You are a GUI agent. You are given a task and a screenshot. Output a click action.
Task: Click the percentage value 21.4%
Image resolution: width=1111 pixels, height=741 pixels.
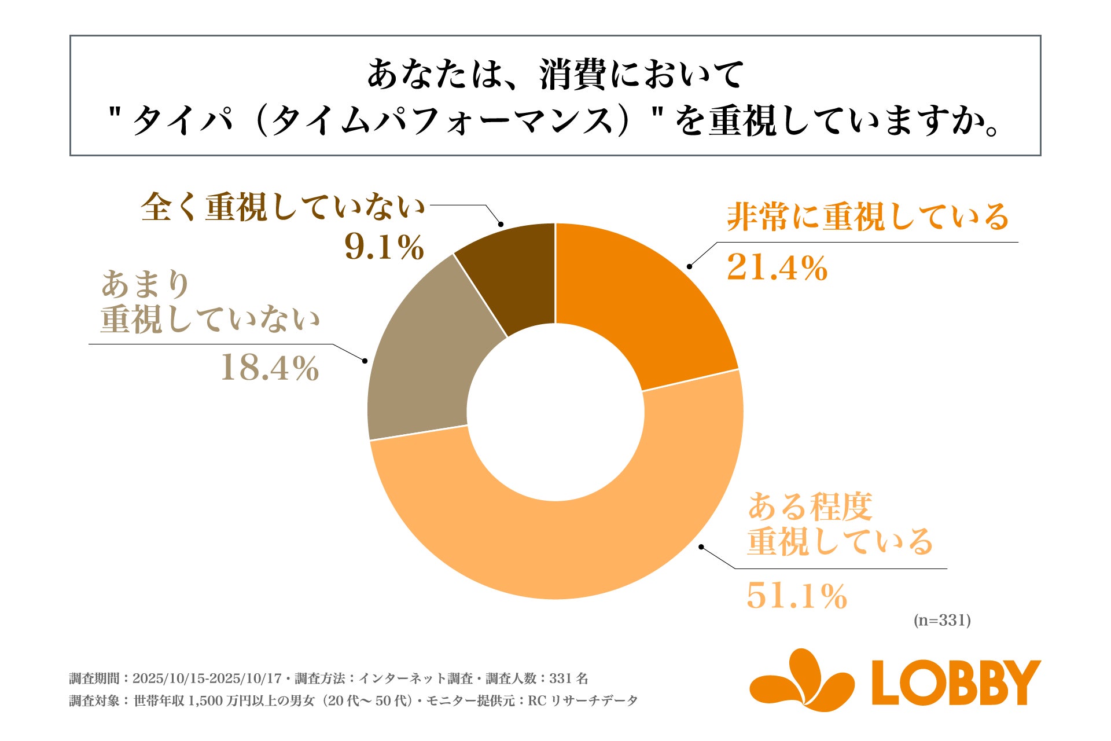[x=777, y=268]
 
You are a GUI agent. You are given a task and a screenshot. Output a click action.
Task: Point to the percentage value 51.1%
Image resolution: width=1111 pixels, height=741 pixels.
[x=797, y=596]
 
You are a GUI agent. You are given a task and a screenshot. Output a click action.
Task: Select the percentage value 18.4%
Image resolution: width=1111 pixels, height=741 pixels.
[x=270, y=368]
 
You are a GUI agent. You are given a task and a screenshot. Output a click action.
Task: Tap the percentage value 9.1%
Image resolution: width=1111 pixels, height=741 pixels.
[x=384, y=247]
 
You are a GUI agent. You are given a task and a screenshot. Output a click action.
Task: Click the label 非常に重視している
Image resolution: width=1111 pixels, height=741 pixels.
[x=868, y=218]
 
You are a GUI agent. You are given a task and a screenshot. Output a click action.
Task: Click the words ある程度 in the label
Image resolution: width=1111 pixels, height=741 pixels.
[x=810, y=507]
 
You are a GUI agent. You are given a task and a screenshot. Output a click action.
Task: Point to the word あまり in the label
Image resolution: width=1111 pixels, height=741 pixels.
[x=146, y=285]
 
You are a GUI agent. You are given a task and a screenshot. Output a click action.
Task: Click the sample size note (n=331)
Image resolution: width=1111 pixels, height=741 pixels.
[x=942, y=621]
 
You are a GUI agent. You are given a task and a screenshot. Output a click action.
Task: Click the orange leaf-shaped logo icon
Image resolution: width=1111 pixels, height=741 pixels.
[x=802, y=681]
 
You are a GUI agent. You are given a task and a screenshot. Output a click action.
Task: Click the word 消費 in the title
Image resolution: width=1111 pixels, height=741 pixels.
[x=573, y=75]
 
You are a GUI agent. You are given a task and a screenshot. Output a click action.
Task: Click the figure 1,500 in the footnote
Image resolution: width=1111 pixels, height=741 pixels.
[x=206, y=701]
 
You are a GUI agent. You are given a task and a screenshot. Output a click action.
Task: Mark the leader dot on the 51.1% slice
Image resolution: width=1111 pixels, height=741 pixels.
[x=701, y=546]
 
